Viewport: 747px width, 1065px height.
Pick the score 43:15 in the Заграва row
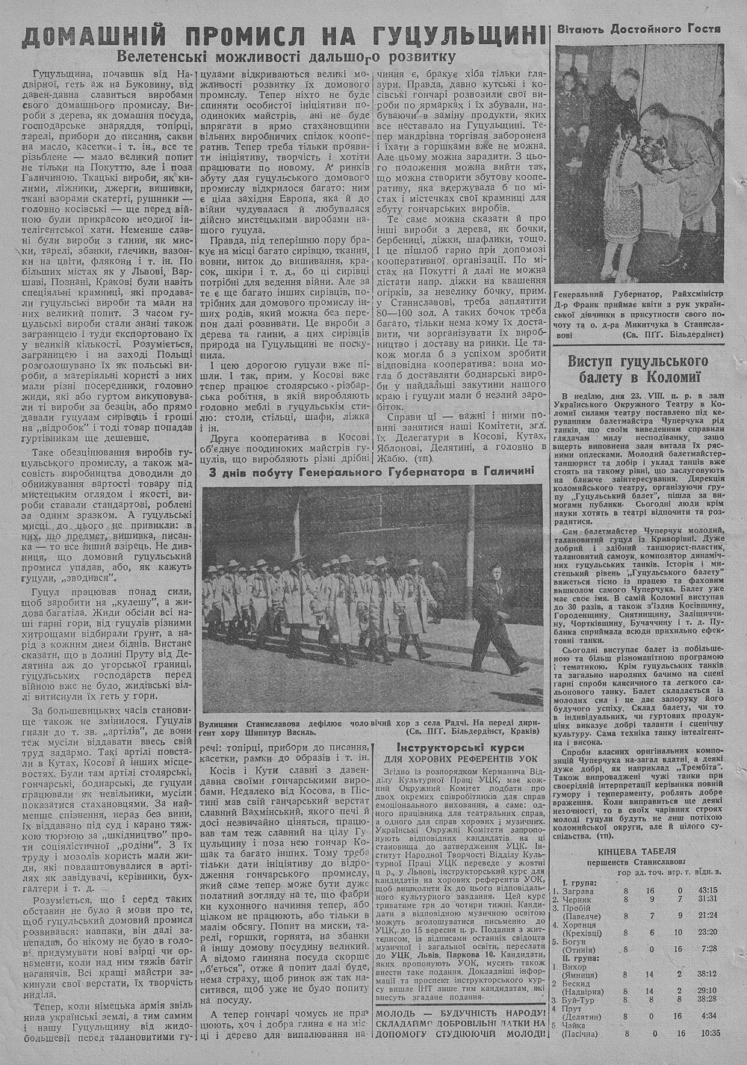coord(707,890)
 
